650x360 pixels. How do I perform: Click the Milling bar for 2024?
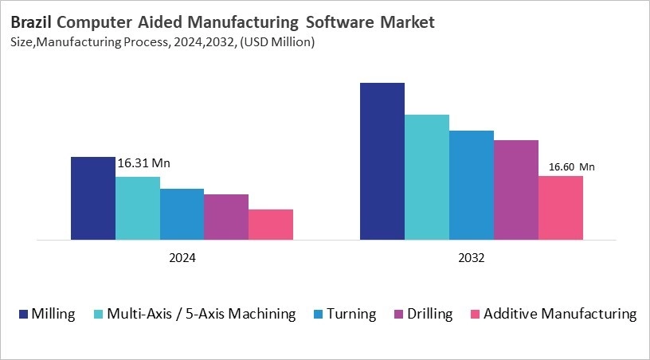92,198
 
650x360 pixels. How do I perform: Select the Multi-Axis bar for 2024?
137,208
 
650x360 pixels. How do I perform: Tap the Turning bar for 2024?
182,214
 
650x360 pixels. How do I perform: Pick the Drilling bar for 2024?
226,217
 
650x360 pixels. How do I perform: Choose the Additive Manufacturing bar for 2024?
271,225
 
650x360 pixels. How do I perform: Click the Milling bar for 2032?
382,161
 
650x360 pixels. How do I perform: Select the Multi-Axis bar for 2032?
427,177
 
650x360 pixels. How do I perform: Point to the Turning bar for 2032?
472,185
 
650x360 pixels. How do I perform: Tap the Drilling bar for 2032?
516,190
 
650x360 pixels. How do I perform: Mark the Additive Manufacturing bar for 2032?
561,208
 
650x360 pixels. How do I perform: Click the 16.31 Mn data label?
144,163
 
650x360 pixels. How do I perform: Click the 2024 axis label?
182,259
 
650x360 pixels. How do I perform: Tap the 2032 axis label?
472,259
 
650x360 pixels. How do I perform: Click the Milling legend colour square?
22,314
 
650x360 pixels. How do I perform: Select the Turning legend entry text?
352,314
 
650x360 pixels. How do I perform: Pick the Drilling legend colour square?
398,314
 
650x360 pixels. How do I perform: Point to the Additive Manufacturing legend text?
560,314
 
